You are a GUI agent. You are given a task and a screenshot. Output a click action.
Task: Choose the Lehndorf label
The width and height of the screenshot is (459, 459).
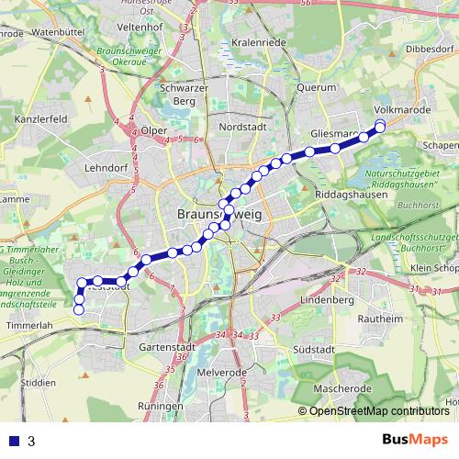coord(105,170)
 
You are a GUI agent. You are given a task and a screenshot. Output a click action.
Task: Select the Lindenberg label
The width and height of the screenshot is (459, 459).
coord(327,300)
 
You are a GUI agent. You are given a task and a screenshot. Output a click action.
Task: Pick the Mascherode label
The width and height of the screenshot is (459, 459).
coord(341,389)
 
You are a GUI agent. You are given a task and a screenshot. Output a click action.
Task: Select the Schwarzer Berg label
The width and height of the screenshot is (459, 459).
coord(179,94)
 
